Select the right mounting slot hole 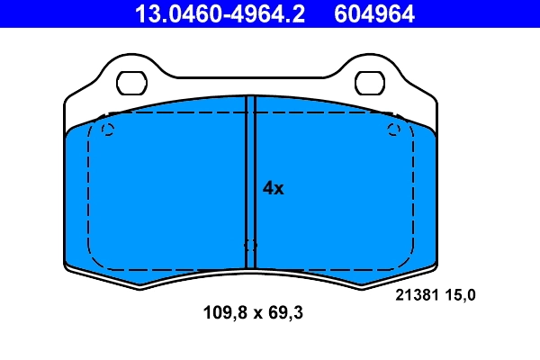pyautogui.click(x=369, y=83)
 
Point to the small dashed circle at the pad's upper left pyautogui.click(x=109, y=130)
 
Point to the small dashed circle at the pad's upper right pyautogui.click(x=393, y=130)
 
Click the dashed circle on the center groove pyautogui.click(x=250, y=245)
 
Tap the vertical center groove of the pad pyautogui.click(x=251, y=180)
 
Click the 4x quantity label pyautogui.click(x=273, y=188)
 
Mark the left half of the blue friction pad pyautogui.click(x=162, y=193)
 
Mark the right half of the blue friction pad pyautogui.click(x=342, y=193)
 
